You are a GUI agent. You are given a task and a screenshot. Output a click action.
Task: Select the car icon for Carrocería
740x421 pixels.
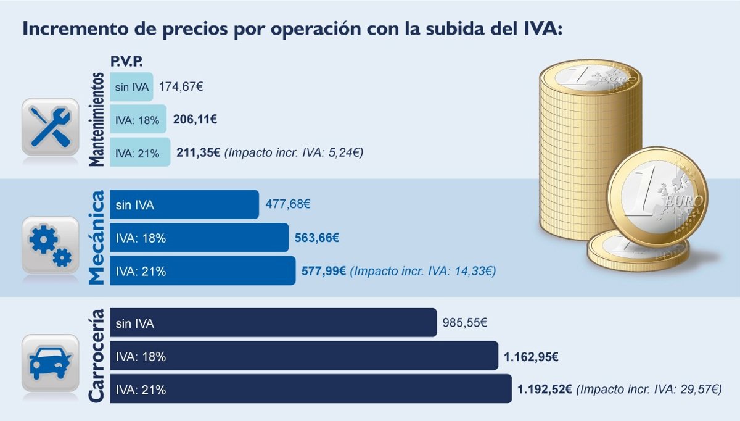[50, 363]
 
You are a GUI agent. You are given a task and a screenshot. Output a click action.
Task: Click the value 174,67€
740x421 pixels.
[181, 86]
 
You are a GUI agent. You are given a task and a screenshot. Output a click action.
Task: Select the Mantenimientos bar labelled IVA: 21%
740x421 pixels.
[140, 152]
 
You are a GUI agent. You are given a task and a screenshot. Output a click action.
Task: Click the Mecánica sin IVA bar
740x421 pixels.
[184, 204]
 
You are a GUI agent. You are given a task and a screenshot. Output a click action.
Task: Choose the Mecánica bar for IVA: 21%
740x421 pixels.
[202, 271]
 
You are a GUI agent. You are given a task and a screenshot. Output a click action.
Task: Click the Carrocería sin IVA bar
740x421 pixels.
[273, 323]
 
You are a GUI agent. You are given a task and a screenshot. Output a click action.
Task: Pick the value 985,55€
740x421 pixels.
[465, 323]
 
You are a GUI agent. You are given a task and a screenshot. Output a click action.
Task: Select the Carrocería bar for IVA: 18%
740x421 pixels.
[303, 356]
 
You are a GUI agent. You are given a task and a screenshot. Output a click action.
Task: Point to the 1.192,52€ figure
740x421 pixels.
[545, 390]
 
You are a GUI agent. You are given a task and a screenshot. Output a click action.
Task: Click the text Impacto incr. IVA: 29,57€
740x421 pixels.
[651, 390]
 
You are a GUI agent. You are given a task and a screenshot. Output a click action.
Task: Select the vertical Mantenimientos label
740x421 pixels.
[96, 119]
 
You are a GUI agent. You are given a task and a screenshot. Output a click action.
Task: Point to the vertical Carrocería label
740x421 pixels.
[96, 356]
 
